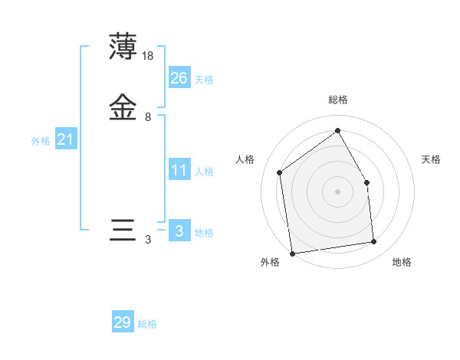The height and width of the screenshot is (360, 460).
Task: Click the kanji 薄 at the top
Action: [x=123, y=47]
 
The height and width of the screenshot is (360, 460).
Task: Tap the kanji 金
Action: [x=123, y=108]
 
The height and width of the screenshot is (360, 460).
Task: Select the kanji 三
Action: [x=123, y=231]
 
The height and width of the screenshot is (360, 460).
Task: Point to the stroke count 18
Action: [x=149, y=56]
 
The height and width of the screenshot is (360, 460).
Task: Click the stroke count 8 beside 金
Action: [x=148, y=117]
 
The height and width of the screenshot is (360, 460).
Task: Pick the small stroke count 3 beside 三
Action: [x=148, y=240]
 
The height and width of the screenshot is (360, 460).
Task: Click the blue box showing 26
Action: [x=179, y=77]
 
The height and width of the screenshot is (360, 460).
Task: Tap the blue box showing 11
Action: [x=179, y=169]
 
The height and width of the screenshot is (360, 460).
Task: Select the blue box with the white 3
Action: [x=179, y=231]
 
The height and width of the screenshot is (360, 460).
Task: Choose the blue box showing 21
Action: [x=65, y=139]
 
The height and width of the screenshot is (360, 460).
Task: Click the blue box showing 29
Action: [x=123, y=322]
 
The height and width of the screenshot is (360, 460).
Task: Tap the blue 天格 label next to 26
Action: [x=204, y=80]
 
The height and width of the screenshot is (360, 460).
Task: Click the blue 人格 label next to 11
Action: [x=204, y=172]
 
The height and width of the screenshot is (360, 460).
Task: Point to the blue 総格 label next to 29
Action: [x=147, y=325]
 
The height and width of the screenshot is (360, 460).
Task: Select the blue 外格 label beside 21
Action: [x=41, y=141]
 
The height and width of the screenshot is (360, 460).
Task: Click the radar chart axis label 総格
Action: [x=337, y=100]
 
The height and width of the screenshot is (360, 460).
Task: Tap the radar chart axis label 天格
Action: [x=431, y=159]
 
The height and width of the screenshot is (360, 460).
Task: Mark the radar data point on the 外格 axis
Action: [x=291, y=253]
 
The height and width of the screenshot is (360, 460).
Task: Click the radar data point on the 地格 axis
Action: [x=374, y=242]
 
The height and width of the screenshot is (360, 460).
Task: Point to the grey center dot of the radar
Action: [x=337, y=191]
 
